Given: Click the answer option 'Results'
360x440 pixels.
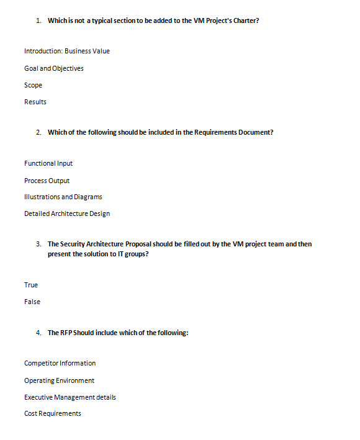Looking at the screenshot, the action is coord(35,102).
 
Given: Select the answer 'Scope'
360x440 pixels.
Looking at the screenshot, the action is coord(33,85).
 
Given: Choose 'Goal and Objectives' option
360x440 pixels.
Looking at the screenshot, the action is coord(54,68).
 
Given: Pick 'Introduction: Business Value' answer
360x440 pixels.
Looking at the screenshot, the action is coord(67,51).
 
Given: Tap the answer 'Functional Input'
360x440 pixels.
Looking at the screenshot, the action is coord(48,163).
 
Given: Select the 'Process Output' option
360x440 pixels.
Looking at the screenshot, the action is coord(47,181).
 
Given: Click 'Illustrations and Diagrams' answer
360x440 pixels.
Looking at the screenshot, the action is coord(63,197).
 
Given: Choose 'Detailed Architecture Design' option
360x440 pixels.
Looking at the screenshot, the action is coord(67,213).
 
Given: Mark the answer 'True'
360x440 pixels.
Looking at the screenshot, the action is coord(31,285).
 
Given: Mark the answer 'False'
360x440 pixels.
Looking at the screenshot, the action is coord(32,302).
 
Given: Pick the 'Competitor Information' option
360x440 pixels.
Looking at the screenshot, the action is coord(60,363).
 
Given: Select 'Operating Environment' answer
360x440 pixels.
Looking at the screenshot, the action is coord(60,380).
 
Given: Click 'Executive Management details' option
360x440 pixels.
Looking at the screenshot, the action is coord(70,397).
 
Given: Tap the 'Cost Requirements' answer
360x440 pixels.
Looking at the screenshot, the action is coord(53,413).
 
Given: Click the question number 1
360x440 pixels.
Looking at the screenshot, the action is coord(38,20).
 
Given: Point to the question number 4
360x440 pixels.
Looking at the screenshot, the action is coord(38,333).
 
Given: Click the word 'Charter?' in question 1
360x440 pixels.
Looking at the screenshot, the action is coord(245,20).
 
